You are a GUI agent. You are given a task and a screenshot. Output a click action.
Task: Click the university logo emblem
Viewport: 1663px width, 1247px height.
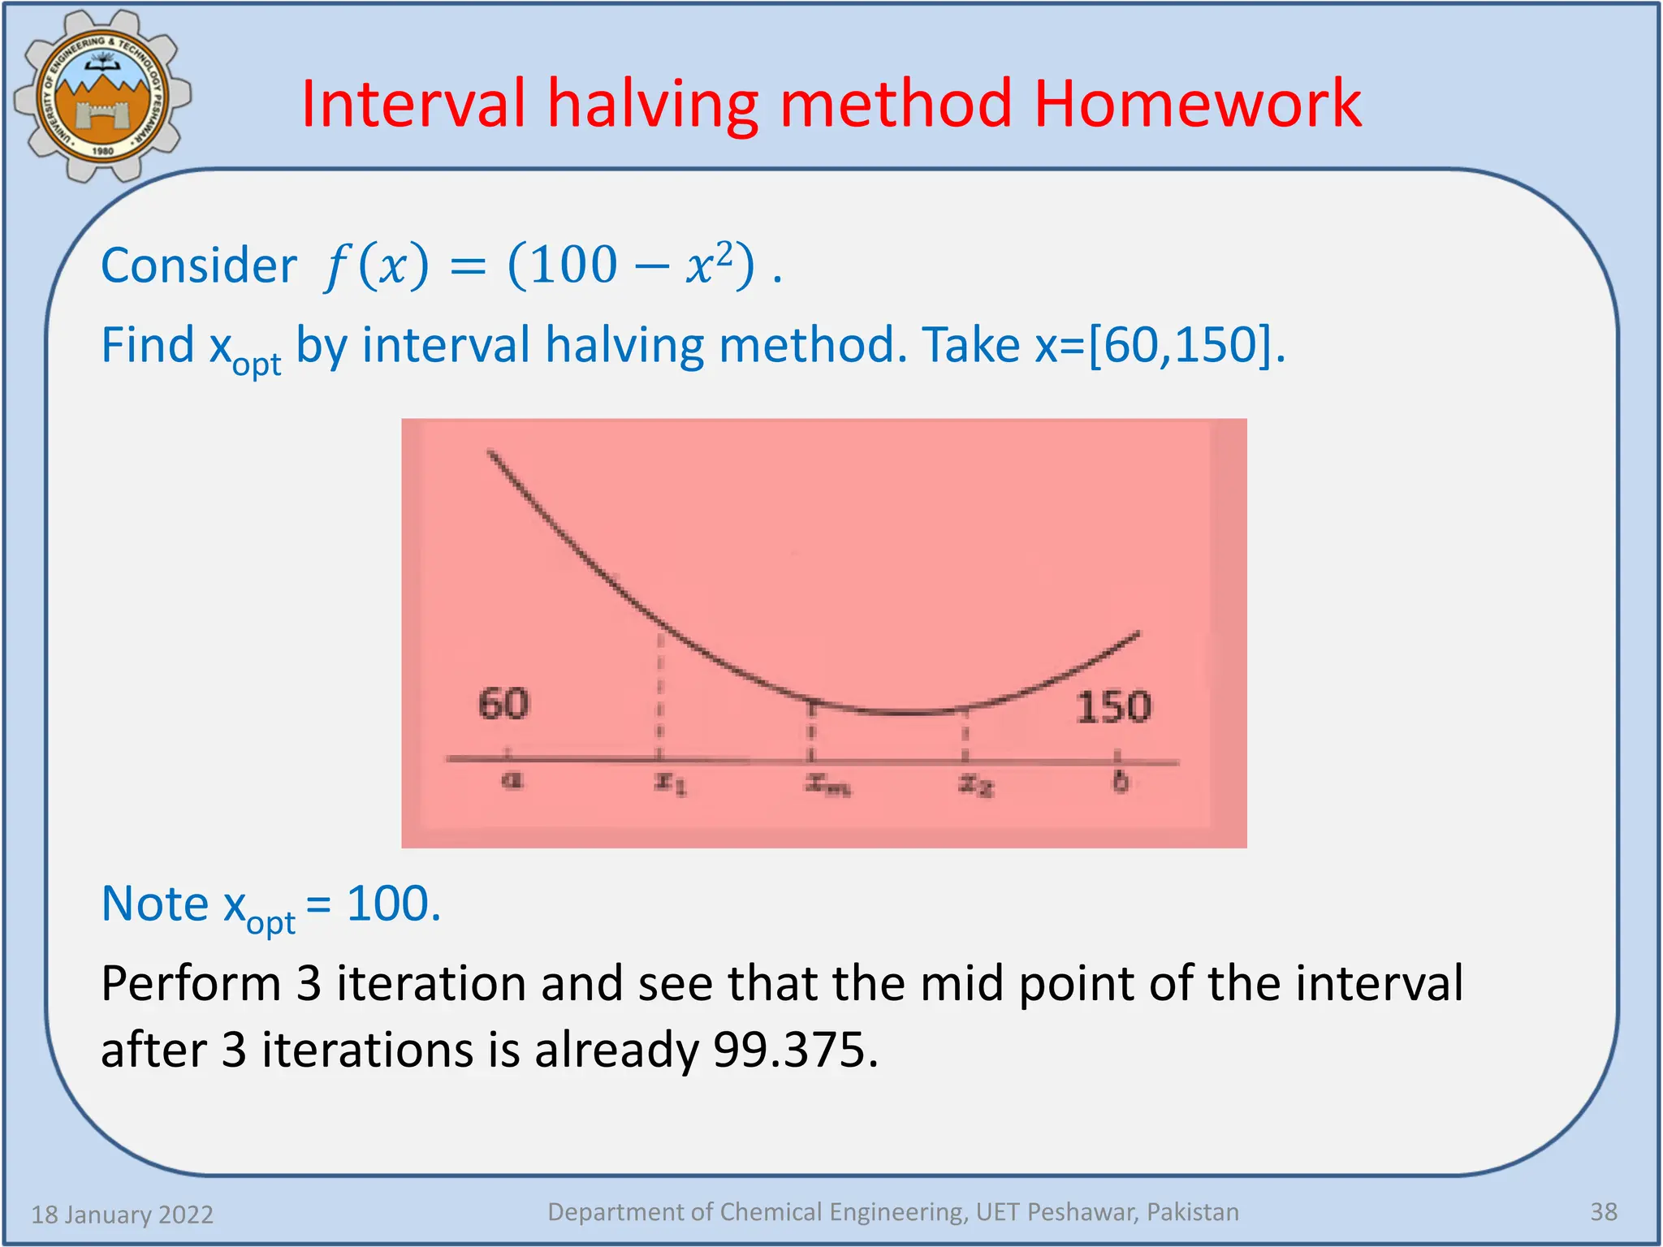[103, 97]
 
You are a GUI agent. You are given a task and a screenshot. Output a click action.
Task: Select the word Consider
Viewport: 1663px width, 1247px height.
[199, 266]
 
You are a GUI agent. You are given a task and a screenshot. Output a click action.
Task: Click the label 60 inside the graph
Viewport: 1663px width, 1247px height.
[503, 703]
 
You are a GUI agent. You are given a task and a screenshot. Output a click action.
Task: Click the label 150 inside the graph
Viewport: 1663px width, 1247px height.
[1113, 706]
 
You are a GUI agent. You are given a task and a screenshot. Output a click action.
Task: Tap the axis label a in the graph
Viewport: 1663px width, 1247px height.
[511, 780]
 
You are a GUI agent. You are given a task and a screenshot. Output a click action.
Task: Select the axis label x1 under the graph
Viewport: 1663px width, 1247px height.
[671, 783]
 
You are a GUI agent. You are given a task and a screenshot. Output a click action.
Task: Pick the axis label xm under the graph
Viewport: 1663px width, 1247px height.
[827, 783]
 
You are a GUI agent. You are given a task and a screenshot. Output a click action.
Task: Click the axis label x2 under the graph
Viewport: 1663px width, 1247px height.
[975, 784]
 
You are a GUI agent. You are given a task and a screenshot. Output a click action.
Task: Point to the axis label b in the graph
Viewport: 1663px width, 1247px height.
[1120, 781]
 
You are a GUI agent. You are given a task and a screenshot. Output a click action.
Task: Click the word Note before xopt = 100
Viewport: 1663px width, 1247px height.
[155, 904]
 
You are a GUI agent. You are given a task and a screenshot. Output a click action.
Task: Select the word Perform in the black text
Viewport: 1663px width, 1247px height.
[191, 983]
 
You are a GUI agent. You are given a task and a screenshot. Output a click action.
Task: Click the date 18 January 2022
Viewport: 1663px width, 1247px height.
[122, 1215]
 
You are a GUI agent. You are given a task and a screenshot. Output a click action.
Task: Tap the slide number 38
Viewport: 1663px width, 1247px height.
[1603, 1212]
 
